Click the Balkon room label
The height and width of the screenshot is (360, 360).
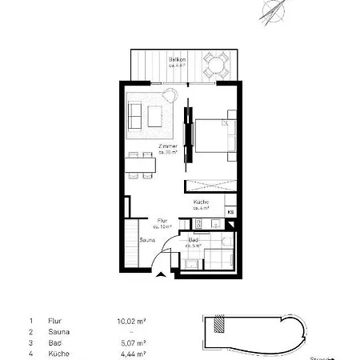(x=177, y=62)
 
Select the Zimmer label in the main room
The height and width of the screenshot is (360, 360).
(x=167, y=149)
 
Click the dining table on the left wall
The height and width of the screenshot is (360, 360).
(x=141, y=166)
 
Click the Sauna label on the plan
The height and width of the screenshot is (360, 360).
(x=147, y=239)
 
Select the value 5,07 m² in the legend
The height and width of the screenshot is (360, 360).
(x=130, y=342)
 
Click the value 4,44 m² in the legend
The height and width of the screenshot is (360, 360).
(x=130, y=353)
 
